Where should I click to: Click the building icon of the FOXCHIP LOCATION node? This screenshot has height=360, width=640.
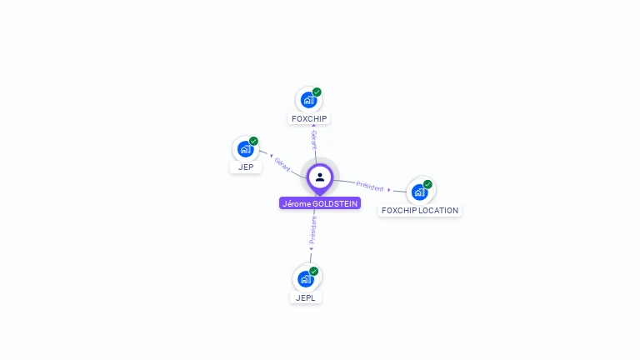(x=419, y=192)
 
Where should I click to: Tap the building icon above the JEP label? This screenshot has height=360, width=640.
(x=244, y=148)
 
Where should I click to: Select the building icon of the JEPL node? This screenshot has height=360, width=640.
(x=306, y=278)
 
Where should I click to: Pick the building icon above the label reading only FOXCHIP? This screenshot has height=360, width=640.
(x=308, y=100)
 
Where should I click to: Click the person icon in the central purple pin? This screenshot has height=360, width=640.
(x=320, y=177)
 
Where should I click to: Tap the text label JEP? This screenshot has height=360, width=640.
(x=246, y=167)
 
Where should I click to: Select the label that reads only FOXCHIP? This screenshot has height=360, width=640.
(x=309, y=118)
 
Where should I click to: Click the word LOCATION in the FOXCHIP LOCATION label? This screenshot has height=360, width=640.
(x=438, y=211)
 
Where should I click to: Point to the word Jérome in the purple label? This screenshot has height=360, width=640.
(x=296, y=203)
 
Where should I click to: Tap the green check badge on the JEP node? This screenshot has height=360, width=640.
(x=253, y=141)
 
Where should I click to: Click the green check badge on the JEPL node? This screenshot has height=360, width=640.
(x=314, y=271)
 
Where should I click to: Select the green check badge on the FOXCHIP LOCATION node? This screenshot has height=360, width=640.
(x=427, y=184)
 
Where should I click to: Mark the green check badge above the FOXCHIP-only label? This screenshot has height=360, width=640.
(x=317, y=92)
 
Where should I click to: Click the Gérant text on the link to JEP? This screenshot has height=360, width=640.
(x=282, y=164)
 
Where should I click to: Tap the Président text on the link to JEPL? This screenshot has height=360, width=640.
(x=313, y=228)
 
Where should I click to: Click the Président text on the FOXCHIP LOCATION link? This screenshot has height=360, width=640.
(x=369, y=186)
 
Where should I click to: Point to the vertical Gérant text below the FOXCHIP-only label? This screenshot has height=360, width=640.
(x=314, y=139)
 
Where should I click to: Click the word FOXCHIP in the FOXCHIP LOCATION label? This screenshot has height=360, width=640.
(x=399, y=211)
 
